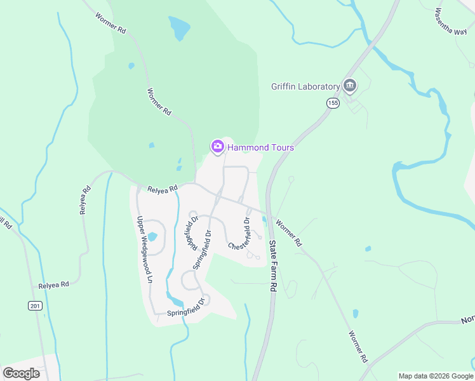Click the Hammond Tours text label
tap(260, 147)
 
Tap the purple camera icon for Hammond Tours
tap(217, 147)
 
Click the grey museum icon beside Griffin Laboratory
tap(349, 86)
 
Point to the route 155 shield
tap(333, 102)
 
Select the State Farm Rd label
tap(274, 265)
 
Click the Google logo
tap(21, 373)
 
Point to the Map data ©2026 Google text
tap(435, 376)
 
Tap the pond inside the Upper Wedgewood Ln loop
tap(152, 236)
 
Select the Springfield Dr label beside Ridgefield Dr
tap(203, 245)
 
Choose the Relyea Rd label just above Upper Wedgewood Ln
tap(161, 189)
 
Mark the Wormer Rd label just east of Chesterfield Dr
tap(290, 233)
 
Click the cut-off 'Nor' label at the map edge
tap(467, 319)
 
